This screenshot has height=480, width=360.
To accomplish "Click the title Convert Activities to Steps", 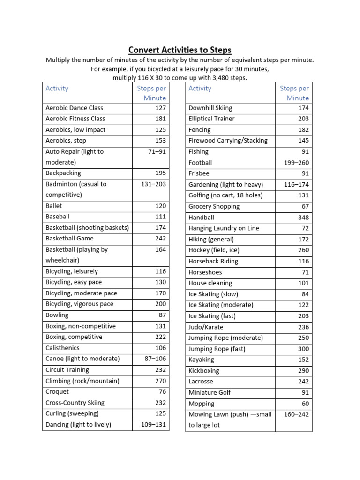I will (180, 50).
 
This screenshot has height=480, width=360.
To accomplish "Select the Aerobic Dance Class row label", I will (74, 108).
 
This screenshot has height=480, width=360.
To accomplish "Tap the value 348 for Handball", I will (303, 217).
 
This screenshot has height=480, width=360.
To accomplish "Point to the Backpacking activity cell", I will (63, 173).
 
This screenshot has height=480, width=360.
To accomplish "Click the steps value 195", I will (160, 173).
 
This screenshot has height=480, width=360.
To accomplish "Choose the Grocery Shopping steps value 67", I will (305, 206).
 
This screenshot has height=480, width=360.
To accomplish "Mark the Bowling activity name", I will (57, 315).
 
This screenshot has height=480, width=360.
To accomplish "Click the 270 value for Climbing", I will (160, 381).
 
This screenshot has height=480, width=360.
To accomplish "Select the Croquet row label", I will (57, 391).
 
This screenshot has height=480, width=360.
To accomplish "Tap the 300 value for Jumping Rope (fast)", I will (303, 349).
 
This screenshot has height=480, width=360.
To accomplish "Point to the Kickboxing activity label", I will (204, 370).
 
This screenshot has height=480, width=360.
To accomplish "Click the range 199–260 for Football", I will (296, 163).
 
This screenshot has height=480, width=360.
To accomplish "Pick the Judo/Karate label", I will (206, 327).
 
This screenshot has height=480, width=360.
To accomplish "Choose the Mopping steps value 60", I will (305, 404).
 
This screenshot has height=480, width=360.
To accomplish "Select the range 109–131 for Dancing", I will (153, 424).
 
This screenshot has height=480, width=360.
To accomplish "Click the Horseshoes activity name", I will (205, 272).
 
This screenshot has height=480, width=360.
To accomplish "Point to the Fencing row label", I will (200, 130).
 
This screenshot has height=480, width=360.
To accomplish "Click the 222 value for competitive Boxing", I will (160, 337).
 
